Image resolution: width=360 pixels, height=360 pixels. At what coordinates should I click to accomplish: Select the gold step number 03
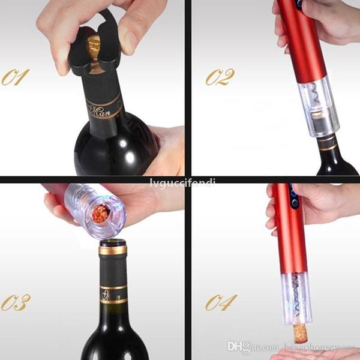[x=16, y=302]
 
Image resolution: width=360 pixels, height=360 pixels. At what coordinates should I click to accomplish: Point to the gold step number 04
[x=220, y=302]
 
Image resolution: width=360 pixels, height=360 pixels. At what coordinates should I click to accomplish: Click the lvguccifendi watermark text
[x=180, y=181]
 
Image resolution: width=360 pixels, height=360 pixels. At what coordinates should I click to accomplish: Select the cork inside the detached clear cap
[x=100, y=214]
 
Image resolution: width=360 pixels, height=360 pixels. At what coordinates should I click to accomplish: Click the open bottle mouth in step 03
[x=113, y=244]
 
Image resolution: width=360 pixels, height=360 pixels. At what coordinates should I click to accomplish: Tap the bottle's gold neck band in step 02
[x=329, y=143]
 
